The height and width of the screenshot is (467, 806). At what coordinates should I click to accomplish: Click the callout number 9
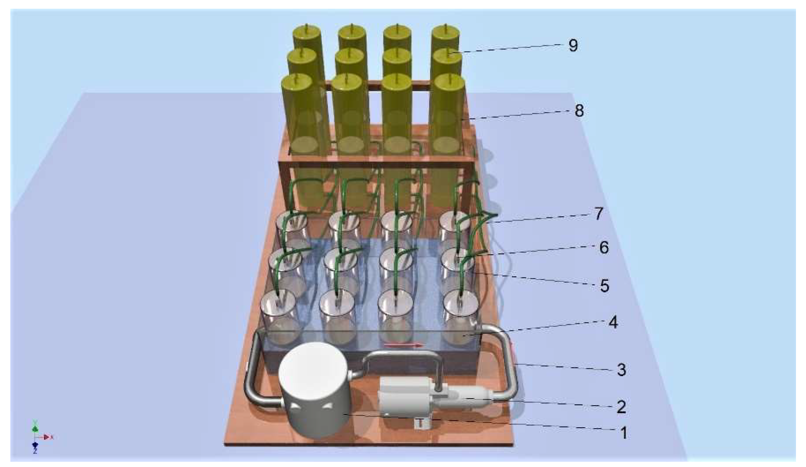pyautogui.click(x=573, y=46)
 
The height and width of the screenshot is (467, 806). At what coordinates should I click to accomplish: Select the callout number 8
pyautogui.click(x=579, y=111)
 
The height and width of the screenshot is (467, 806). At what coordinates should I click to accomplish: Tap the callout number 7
pyautogui.click(x=598, y=214)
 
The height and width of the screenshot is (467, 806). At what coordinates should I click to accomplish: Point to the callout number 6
pyautogui.click(x=604, y=248)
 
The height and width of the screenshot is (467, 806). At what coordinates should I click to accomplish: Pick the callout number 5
pyautogui.click(x=604, y=286)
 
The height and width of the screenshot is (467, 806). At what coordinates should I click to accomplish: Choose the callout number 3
pyautogui.click(x=621, y=370)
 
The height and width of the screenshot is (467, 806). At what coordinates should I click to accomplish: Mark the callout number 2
pyautogui.click(x=621, y=407)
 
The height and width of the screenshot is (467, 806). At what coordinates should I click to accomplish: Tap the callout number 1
pyautogui.click(x=624, y=433)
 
